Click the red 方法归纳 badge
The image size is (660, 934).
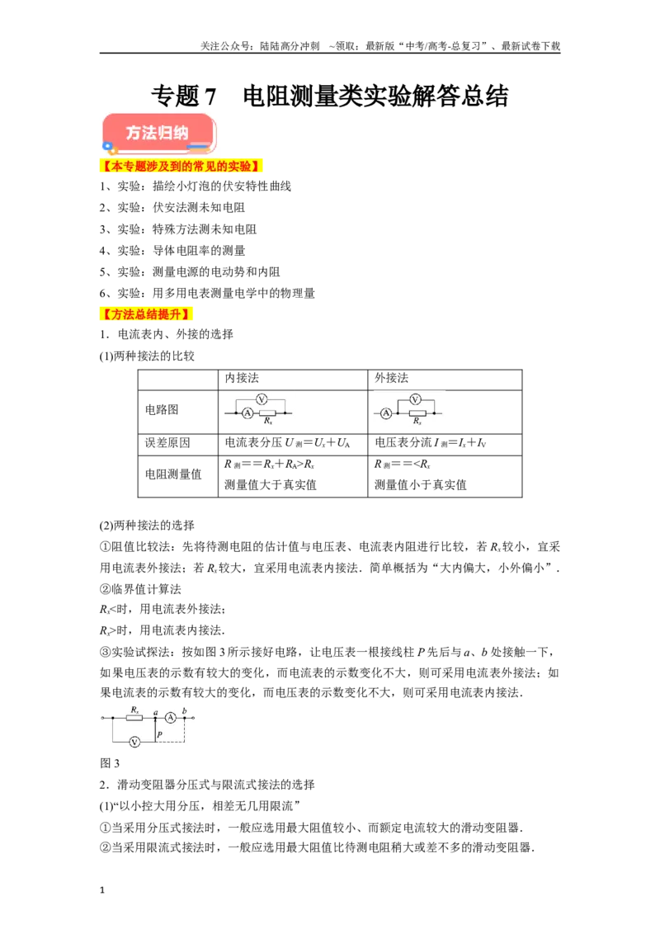pos(158,134)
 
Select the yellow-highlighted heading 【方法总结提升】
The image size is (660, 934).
pos(145,314)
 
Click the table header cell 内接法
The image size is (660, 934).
pos(242,378)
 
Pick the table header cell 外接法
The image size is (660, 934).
pos(391,378)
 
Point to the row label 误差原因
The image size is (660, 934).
pos(167,442)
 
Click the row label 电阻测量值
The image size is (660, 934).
pos(173,474)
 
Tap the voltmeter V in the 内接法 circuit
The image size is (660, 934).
pos(261,399)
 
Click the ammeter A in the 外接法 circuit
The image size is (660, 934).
pos(386,413)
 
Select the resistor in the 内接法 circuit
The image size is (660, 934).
pos(267,413)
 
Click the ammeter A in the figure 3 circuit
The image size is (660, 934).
pos(171,718)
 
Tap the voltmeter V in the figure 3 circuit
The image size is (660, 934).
pos(134,742)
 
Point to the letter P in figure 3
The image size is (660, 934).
pos(160,734)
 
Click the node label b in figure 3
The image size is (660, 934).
pos(185,710)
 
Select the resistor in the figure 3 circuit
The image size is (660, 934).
pos(134,718)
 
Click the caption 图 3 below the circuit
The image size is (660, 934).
pos(110,763)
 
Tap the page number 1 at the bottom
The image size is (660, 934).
pos(102,890)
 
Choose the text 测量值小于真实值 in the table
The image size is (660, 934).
pos(421,485)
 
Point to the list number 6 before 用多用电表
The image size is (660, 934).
pos(103,293)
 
